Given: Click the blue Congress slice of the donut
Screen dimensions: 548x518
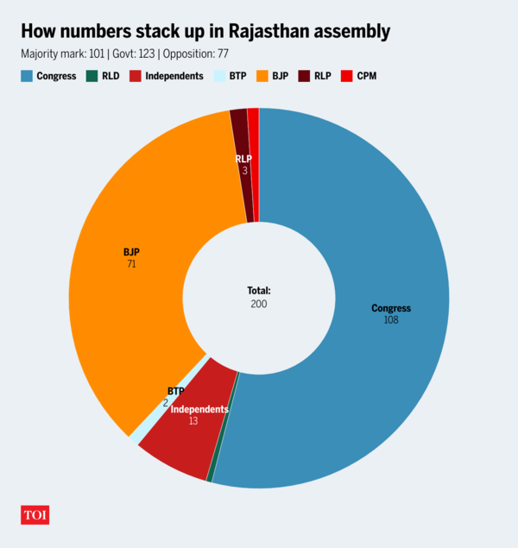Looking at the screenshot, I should [388, 259].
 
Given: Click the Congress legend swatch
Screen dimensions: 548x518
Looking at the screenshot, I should [27, 76].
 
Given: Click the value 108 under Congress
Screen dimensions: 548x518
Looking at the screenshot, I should [390, 320].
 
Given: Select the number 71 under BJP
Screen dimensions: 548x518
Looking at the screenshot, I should [131, 264].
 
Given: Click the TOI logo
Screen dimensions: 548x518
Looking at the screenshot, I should [35, 515].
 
